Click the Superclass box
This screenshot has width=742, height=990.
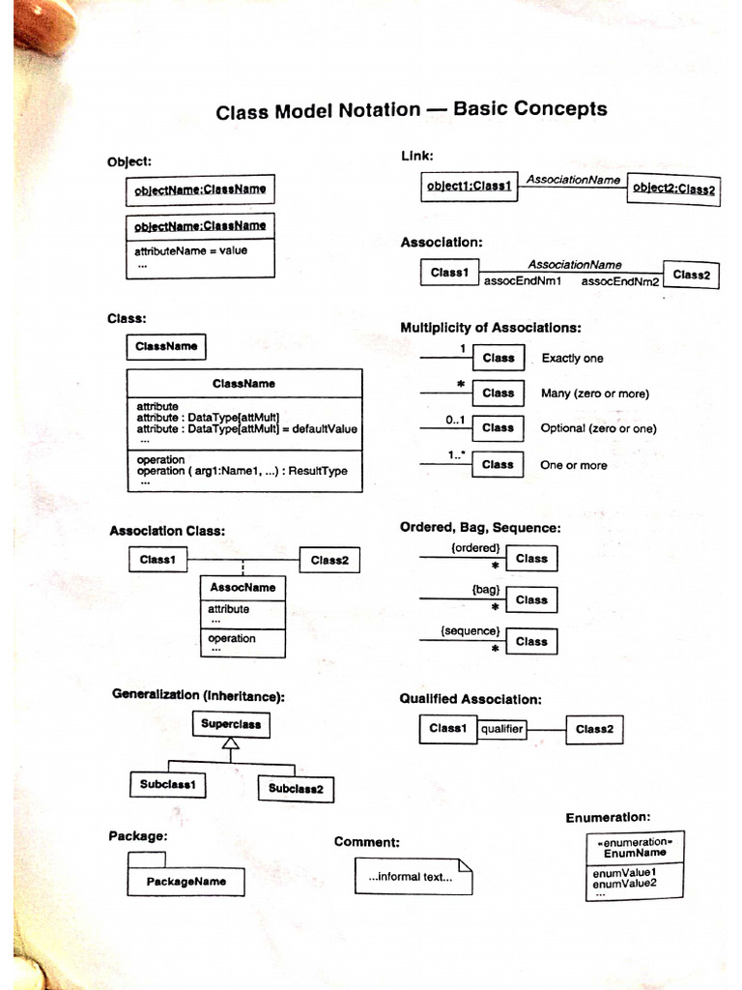[x=231, y=723]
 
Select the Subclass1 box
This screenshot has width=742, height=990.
[x=167, y=785]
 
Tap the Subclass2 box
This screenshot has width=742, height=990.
[x=296, y=789]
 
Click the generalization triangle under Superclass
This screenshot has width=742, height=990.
[x=229, y=743]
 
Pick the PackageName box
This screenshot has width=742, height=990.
[x=185, y=881]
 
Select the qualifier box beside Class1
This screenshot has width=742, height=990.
[x=502, y=729]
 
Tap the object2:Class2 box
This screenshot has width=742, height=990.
[x=674, y=189]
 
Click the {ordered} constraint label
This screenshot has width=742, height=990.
[x=475, y=547]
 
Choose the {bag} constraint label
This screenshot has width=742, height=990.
[x=485, y=589]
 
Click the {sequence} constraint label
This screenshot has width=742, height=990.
[x=471, y=630]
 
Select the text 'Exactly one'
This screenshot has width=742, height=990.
[x=572, y=359]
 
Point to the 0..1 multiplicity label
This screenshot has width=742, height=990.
[x=456, y=421]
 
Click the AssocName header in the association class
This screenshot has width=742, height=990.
[x=243, y=587]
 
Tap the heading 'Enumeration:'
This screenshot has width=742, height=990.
[x=608, y=818]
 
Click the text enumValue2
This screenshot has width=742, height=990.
[x=624, y=883]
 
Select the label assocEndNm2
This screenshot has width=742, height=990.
[x=619, y=281]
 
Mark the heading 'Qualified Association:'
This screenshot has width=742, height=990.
[x=471, y=699]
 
